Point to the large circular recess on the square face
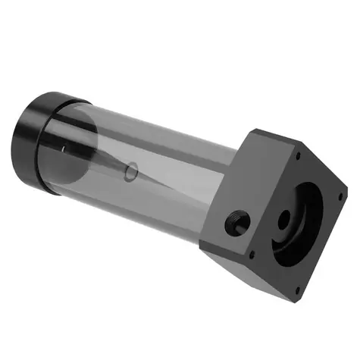pos(303,220)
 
